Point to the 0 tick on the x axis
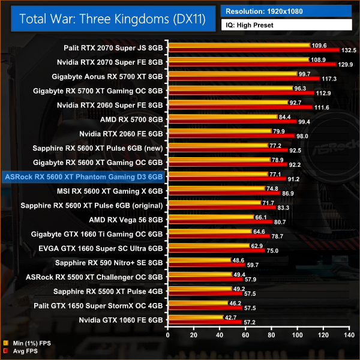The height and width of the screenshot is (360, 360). click(168, 334)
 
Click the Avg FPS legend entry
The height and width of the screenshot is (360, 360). click(23, 351)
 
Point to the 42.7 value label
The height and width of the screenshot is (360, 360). click(231, 317)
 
